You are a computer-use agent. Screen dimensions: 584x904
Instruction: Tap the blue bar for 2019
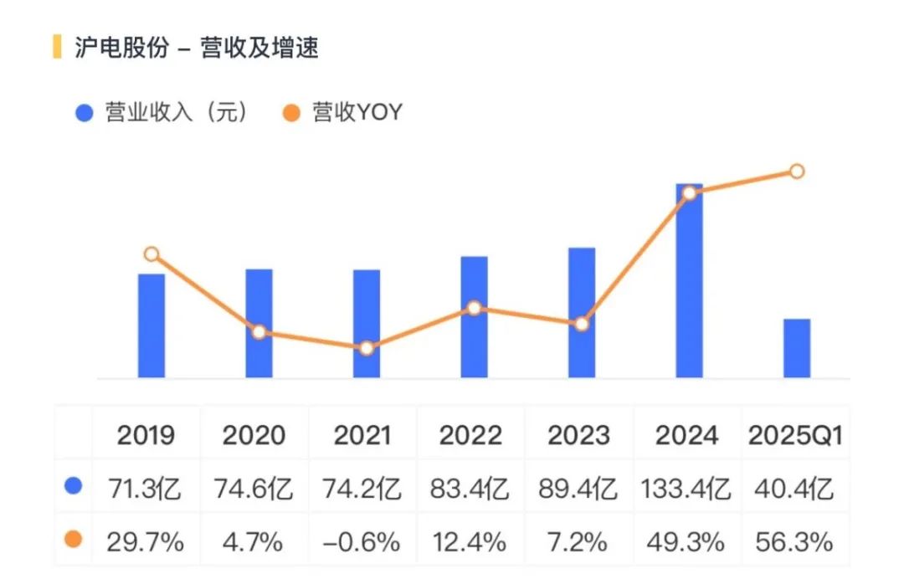152,325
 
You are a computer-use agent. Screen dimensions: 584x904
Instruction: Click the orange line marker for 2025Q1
797,172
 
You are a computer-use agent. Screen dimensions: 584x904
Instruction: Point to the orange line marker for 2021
366,348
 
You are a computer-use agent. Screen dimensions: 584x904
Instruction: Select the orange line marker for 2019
152,254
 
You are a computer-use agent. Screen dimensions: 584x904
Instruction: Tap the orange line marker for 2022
474,308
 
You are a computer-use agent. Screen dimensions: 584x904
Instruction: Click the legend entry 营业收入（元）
164,113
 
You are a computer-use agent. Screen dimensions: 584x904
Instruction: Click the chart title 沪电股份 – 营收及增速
197,48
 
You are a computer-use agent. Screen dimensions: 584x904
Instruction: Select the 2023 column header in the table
579,436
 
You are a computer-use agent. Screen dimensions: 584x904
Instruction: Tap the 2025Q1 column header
795,436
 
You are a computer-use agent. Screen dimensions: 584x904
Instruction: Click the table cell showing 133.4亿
686,488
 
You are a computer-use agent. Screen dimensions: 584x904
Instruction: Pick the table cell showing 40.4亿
795,488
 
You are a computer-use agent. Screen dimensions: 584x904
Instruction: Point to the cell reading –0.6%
362,541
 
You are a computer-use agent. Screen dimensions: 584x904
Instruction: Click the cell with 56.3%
795,541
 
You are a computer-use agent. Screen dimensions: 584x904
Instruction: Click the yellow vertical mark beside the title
57,47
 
